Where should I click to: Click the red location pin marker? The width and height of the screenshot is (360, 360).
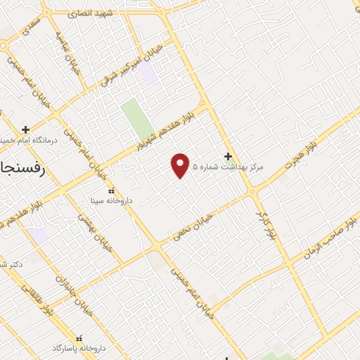tap(181, 165)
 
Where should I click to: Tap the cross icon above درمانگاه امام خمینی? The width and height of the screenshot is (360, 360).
tap(26, 129)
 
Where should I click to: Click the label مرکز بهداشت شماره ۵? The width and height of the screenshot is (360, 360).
tap(232, 167)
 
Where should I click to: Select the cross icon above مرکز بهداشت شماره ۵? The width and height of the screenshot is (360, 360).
tap(227, 156)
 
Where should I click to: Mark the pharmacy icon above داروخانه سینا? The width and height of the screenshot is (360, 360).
tap(110, 190)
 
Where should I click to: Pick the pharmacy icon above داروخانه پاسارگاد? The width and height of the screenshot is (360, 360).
tap(79, 338)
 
